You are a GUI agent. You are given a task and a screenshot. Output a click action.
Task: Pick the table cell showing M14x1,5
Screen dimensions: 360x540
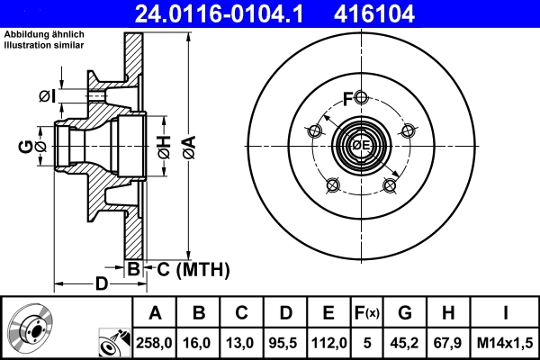point(506,343)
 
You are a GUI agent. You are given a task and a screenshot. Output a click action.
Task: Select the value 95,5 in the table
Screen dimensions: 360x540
point(285,343)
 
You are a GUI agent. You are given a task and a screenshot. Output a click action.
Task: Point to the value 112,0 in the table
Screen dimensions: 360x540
point(328,343)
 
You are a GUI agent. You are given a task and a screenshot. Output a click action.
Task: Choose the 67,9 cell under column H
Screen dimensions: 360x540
point(447,343)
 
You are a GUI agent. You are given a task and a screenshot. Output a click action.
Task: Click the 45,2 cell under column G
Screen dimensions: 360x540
point(404,343)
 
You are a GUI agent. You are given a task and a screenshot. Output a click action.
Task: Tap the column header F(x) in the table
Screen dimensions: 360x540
point(366,314)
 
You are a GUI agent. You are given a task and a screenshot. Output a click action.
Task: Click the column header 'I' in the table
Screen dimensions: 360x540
point(506,314)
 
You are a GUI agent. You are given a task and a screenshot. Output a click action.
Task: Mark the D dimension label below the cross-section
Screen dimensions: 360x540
point(102,284)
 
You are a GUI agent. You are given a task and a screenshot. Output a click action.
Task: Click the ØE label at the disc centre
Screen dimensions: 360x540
point(361,145)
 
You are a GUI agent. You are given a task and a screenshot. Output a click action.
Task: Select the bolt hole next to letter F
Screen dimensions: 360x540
point(360,97)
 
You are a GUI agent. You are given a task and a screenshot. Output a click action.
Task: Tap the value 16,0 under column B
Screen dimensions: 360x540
point(199,343)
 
